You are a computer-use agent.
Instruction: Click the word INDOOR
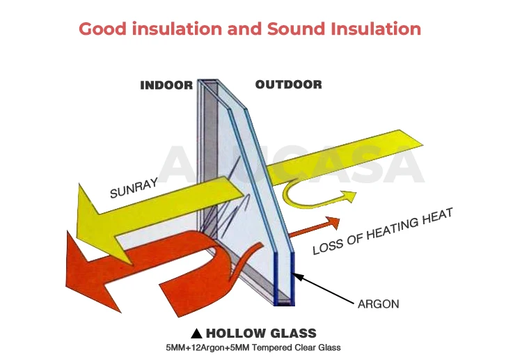[x=166, y=85]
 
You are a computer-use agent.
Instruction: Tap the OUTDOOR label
[x=288, y=85]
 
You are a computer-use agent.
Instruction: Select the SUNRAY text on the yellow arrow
[x=134, y=187]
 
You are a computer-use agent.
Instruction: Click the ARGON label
[x=379, y=304]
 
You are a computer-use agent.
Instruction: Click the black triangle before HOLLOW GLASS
[x=197, y=333]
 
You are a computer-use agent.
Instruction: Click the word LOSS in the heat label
[x=327, y=246]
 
